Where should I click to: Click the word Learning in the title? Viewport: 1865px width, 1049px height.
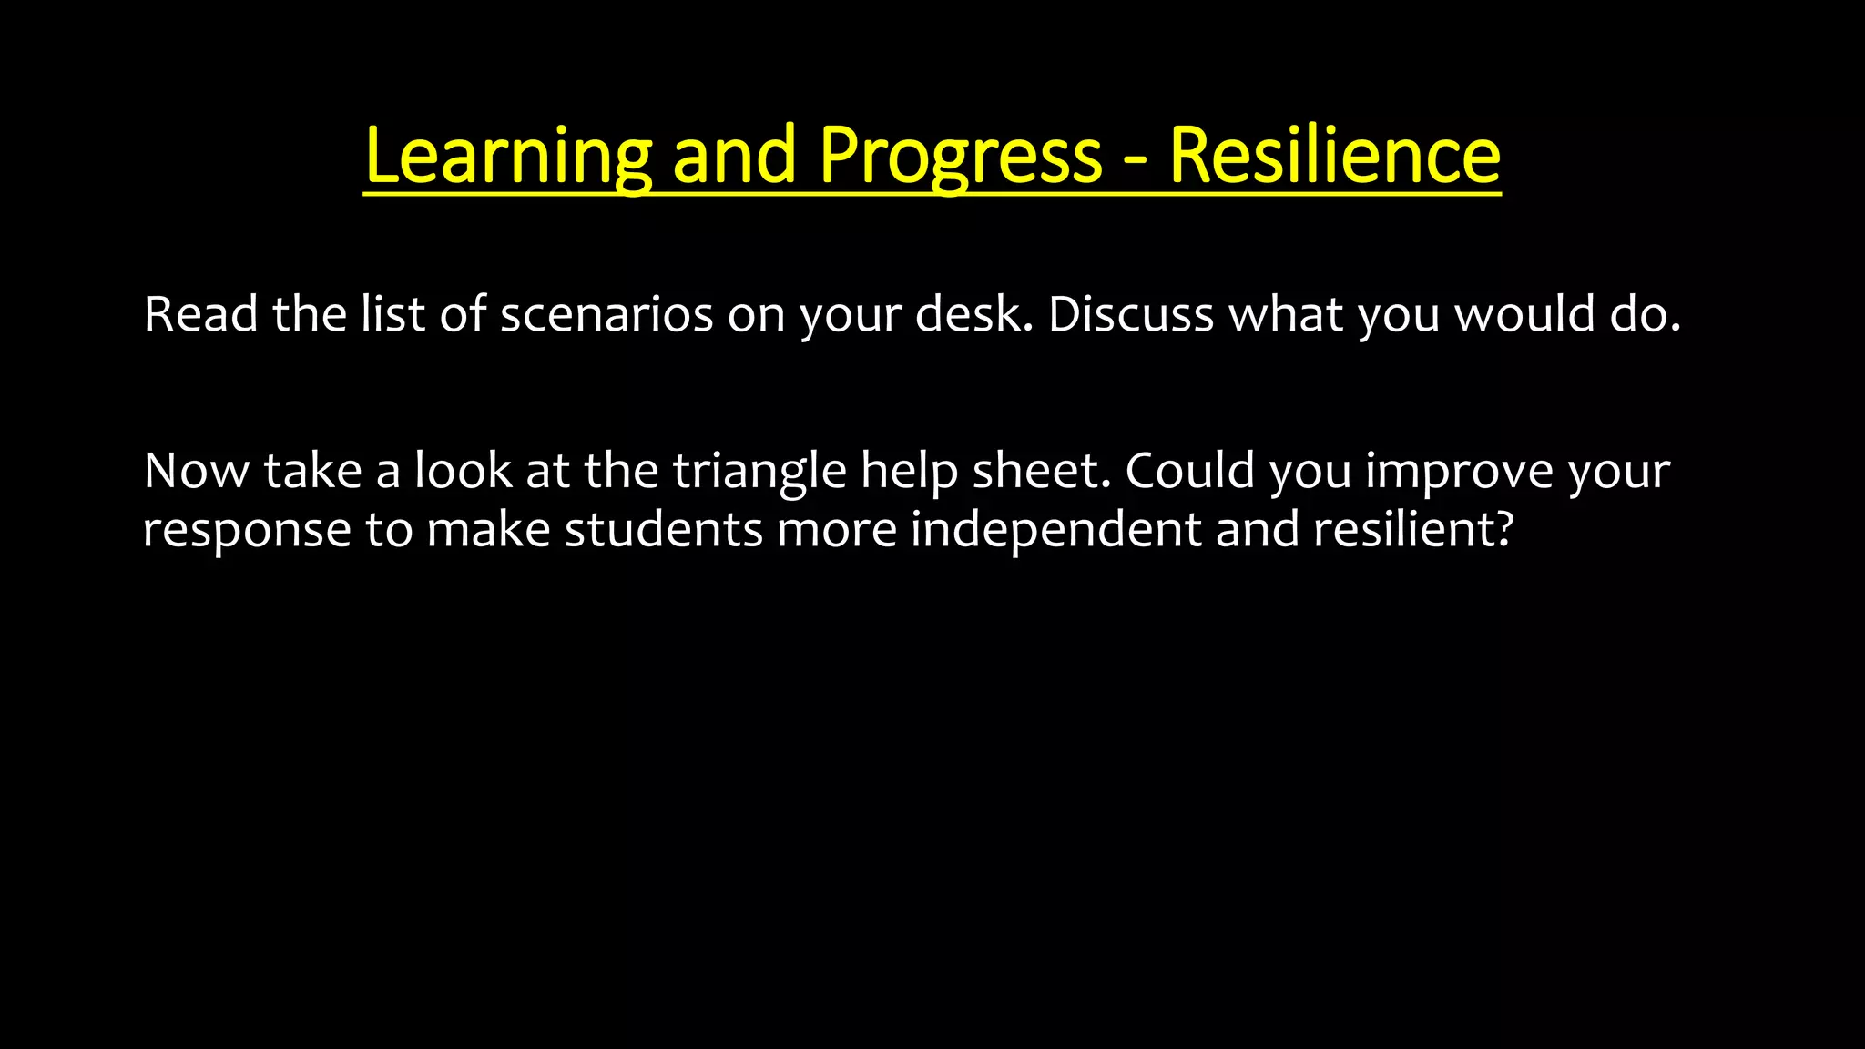[x=507, y=157]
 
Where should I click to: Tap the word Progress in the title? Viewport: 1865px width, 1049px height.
[x=961, y=157]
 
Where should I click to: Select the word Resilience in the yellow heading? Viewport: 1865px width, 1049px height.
[x=1334, y=157]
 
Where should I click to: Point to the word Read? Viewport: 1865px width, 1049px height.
[x=201, y=315]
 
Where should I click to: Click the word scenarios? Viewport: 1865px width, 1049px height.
[x=606, y=315]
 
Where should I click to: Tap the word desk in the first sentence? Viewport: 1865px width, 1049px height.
[x=969, y=315]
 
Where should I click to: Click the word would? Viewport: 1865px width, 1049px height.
[x=1524, y=315]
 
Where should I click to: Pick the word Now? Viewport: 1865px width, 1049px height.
[x=196, y=472]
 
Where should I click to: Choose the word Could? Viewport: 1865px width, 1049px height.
[x=1189, y=472]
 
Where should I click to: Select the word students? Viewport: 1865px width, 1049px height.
[x=663, y=530]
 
